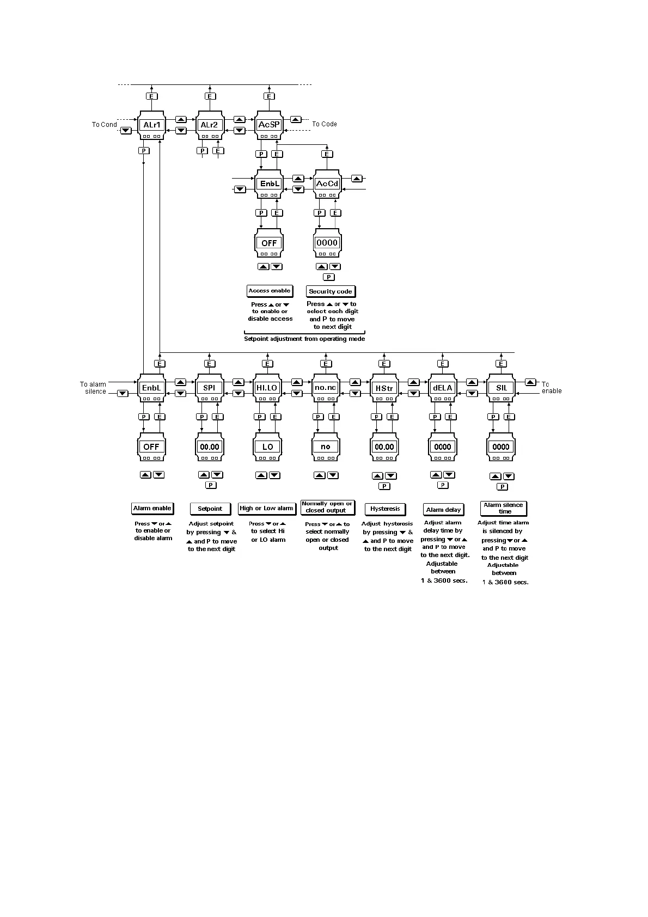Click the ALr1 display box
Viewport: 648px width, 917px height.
pyautogui.click(x=151, y=125)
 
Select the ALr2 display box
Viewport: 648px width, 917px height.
pyautogui.click(x=210, y=125)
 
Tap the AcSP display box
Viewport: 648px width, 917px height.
pyautogui.click(x=268, y=125)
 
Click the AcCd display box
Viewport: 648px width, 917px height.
pyautogui.click(x=327, y=184)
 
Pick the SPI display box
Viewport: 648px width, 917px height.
pyautogui.click(x=210, y=388)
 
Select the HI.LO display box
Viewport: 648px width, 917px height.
pyautogui.click(x=267, y=388)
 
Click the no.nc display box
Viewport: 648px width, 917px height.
pyautogui.click(x=326, y=388)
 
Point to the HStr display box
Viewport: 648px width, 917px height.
pyautogui.click(x=384, y=388)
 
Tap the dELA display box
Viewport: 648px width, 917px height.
pyautogui.click(x=443, y=388)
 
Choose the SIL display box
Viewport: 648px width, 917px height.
pyautogui.click(x=501, y=388)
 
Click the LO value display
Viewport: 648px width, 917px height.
pyautogui.click(x=267, y=447)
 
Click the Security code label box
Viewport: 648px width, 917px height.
pyautogui.click(x=331, y=291)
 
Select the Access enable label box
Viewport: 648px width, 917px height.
pyautogui.click(x=270, y=291)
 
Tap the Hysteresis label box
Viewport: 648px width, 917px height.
pyautogui.click(x=385, y=509)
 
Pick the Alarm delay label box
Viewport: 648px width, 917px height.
pyautogui.click(x=443, y=510)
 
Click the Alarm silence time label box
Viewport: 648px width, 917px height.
pyautogui.click(x=503, y=508)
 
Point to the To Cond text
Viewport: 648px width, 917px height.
pyautogui.click(x=104, y=125)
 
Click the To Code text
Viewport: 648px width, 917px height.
pyautogui.click(x=325, y=124)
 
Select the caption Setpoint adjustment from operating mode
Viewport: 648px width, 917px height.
pyautogui.click(x=304, y=339)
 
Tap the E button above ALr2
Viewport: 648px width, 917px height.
pyautogui.click(x=210, y=96)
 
